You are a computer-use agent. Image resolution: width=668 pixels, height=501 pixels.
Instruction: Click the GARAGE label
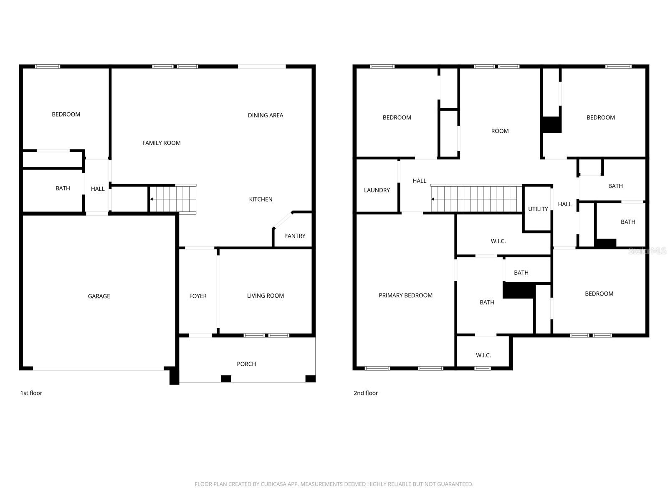[x=99, y=296]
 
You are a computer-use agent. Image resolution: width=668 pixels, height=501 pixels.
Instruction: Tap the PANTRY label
[x=295, y=236]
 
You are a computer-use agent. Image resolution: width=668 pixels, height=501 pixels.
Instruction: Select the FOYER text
[x=198, y=296]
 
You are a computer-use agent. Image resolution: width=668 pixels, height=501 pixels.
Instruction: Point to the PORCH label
[x=246, y=364]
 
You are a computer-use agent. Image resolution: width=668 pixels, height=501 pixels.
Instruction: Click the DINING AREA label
[x=266, y=115]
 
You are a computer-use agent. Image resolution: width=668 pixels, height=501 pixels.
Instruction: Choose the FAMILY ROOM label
[x=162, y=143]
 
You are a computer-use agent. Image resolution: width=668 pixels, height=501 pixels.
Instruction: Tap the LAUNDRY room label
[x=377, y=190]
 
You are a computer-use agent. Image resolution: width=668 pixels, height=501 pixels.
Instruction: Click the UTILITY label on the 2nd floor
[x=538, y=209]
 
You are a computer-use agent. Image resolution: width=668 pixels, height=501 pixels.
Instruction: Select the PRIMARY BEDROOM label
[x=405, y=295]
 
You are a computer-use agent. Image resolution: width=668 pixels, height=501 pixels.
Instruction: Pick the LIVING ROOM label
[x=266, y=296]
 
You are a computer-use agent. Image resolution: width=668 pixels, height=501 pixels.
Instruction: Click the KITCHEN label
[x=261, y=199]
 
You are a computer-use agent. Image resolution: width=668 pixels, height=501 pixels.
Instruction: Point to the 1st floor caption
[x=31, y=393]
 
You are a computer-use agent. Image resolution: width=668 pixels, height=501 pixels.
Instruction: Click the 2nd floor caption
[x=366, y=393]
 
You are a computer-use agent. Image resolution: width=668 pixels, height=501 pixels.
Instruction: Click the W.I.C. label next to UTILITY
[x=498, y=241]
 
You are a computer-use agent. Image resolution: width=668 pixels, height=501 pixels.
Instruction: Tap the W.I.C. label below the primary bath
[x=483, y=355]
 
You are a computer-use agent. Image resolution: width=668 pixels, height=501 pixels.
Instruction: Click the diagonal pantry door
[x=283, y=220]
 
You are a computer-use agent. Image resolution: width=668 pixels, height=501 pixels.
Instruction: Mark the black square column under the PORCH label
[x=226, y=379]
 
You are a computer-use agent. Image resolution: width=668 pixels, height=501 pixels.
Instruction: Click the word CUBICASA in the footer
[x=273, y=484]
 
